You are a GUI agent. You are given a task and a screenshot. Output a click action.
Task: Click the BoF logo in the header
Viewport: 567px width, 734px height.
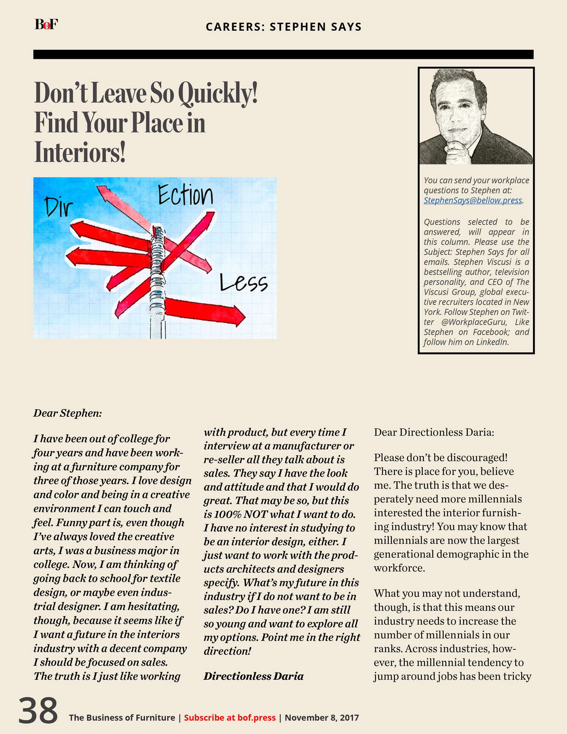point(46,24)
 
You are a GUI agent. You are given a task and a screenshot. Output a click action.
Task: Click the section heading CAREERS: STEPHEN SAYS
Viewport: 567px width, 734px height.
point(283,27)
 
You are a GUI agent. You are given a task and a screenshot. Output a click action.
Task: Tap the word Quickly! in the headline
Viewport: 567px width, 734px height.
point(218,93)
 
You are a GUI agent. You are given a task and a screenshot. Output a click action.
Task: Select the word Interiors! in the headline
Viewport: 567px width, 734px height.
point(80,152)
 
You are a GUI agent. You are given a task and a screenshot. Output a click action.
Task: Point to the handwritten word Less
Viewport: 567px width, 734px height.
point(243,284)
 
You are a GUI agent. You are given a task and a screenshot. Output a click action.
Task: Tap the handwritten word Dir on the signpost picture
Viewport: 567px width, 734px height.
point(58,207)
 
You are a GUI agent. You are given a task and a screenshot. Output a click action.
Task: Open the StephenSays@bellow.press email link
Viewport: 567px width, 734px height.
point(472,200)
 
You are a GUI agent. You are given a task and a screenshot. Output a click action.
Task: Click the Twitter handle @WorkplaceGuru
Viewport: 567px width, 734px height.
point(474,322)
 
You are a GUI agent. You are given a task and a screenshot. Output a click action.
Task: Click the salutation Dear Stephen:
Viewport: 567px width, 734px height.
point(68,413)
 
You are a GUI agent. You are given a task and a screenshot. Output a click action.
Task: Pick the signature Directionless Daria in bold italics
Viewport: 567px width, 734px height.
point(254,676)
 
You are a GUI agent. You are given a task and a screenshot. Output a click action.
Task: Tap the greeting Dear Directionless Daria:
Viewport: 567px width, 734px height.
point(434,432)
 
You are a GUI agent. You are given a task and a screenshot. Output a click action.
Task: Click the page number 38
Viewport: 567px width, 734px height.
point(38,710)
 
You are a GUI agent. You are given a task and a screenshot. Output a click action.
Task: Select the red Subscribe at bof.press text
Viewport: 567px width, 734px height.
point(230,717)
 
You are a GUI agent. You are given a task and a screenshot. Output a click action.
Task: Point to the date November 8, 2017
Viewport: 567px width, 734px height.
point(322,717)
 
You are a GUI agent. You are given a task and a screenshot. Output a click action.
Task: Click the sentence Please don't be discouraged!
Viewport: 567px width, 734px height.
point(441,458)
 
